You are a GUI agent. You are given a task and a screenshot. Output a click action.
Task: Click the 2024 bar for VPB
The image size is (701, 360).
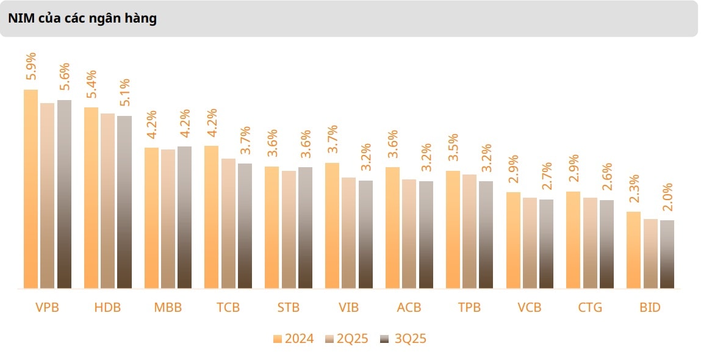tap(31, 189)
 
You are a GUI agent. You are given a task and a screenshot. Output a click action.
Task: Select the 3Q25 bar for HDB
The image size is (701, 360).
tap(124, 202)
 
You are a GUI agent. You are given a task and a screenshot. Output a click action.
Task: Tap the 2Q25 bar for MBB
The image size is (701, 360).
tap(168, 218)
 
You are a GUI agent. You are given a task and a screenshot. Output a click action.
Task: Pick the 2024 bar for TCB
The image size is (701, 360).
tap(211, 217)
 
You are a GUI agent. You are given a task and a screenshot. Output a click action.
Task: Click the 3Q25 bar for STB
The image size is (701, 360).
tap(305, 228)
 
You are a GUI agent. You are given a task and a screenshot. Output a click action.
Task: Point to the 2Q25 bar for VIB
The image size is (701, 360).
tap(348, 232)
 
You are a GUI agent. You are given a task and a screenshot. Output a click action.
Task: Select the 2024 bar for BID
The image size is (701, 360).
tap(634, 250)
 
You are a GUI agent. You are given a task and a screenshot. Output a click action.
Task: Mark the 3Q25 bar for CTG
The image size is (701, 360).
tap(606, 244)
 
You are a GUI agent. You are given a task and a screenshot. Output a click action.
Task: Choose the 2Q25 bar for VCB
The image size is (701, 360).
tap(530, 243)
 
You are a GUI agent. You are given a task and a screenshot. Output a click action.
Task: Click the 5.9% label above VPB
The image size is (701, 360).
tap(31, 67)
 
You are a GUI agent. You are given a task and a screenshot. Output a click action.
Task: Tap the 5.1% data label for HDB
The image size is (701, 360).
tap(124, 93)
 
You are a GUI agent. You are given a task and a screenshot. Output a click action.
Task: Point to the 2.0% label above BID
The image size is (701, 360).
tap(667, 196)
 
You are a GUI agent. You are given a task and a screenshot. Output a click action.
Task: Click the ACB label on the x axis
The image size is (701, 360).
tap(409, 308)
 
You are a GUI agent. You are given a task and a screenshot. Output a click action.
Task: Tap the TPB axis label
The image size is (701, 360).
tap(469, 308)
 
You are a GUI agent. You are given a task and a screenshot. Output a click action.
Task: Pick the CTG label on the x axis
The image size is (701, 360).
tap(590, 308)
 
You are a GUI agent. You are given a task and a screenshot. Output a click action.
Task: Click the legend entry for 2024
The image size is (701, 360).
tap(294, 339)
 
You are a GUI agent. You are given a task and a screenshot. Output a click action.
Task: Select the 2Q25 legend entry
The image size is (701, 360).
tap(347, 339)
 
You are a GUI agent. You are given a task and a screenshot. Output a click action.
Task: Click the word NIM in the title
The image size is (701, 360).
tap(20, 18)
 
